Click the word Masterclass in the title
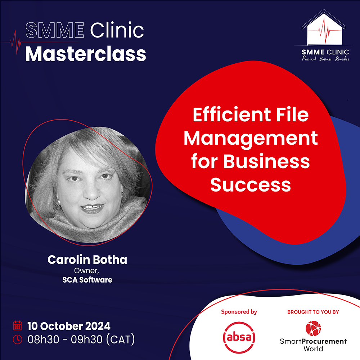coord(86,54)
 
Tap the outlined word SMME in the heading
coord(55,30)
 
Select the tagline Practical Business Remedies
coord(325,59)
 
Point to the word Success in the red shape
coord(251,185)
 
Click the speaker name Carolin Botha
coord(87,260)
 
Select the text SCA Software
coord(87,280)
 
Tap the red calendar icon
coord(17,325)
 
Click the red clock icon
coord(17,339)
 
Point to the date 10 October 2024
coord(69,326)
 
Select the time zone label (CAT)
coord(121,339)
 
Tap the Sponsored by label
coord(239,312)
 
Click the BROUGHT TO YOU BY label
coord(313,312)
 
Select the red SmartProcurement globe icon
coord(313,328)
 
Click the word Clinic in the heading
coord(117,30)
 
